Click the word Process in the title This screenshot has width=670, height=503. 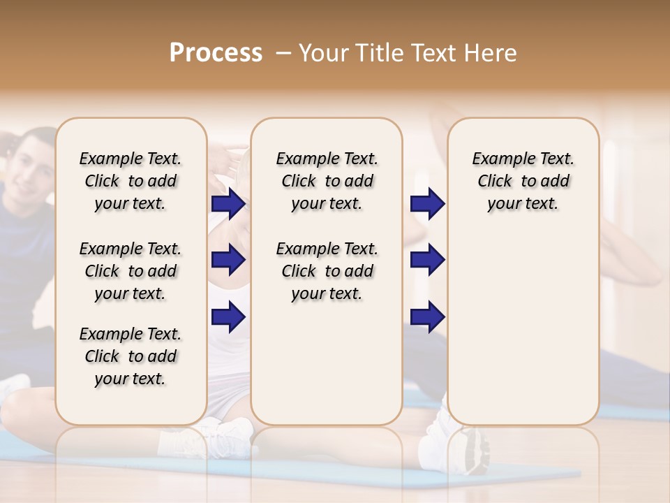216,53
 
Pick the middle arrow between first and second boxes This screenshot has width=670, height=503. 228,260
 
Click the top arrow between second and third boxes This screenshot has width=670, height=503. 427,203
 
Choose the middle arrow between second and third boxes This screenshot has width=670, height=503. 427,260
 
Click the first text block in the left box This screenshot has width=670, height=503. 131,181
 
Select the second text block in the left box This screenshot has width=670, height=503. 131,271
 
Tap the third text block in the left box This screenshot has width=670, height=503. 131,356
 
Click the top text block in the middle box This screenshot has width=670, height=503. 327,181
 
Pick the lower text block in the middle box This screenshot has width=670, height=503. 327,271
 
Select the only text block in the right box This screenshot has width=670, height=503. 523,181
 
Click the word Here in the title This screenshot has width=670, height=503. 492,53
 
